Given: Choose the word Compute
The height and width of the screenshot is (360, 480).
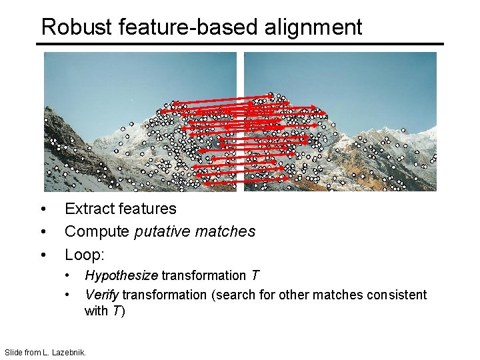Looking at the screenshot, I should pos(97,232).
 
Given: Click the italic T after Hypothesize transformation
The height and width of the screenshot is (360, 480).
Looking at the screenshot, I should pos(255,276).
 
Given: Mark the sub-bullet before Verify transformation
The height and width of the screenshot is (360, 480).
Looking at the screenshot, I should pos(67,295).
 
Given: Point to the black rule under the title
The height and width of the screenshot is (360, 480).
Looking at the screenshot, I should pos(240,45).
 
